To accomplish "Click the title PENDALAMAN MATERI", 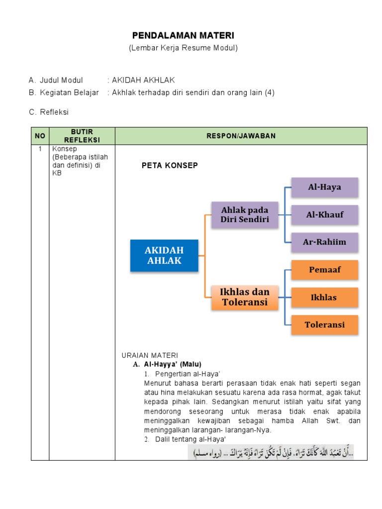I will [183, 36].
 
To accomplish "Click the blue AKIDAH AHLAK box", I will [164, 255].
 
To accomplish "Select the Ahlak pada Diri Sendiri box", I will [245, 215].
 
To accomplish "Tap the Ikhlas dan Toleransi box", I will [245, 297].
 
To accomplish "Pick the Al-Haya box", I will [324, 187].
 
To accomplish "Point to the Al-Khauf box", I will [324, 215].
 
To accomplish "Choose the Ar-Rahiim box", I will [324, 242].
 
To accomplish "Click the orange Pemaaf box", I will [324, 270].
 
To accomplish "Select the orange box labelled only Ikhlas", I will [324, 297].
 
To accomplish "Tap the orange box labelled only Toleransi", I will [324, 325].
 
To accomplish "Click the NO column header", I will [40, 136].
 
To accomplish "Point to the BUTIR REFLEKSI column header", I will [82, 136].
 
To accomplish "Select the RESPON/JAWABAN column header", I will [241, 136].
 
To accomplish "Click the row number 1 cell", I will [40, 149].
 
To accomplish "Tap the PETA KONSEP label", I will [170, 166].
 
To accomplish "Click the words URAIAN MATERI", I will [149, 355].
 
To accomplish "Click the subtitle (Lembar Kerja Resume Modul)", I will [183, 48].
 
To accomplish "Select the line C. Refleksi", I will [49, 112].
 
